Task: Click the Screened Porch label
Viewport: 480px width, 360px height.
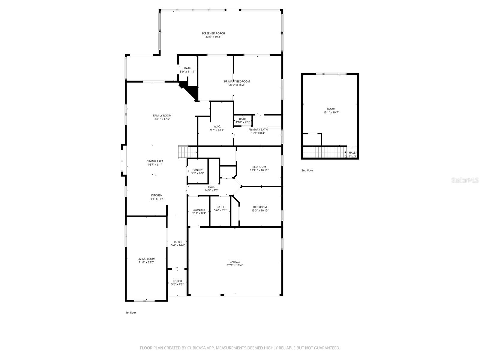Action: pos(213,33)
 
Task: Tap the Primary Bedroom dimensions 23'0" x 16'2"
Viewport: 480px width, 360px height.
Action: pos(237,85)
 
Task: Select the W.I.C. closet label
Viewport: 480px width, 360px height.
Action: pos(217,126)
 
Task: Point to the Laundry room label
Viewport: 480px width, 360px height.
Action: pos(199,210)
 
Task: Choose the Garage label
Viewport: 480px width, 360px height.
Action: pos(235,262)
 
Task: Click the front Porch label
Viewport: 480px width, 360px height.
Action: pos(177,281)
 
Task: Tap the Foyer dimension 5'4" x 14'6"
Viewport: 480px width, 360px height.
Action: pos(178,245)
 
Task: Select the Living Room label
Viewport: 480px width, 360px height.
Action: pos(146,259)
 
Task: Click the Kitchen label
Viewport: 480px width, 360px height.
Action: pos(157,195)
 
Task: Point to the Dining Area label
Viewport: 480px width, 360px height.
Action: pos(155,161)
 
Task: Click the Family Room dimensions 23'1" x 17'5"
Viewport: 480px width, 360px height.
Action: pos(162,119)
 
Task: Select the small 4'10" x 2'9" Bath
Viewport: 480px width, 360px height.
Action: pos(242,121)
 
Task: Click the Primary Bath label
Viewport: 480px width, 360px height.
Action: pos(258,130)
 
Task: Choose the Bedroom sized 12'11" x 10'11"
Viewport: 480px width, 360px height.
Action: pos(259,169)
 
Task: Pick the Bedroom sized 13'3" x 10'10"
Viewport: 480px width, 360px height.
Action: pos(260,209)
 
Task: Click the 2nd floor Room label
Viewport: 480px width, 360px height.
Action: pos(331,109)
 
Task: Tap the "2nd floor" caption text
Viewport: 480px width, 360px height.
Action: pos(307,170)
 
